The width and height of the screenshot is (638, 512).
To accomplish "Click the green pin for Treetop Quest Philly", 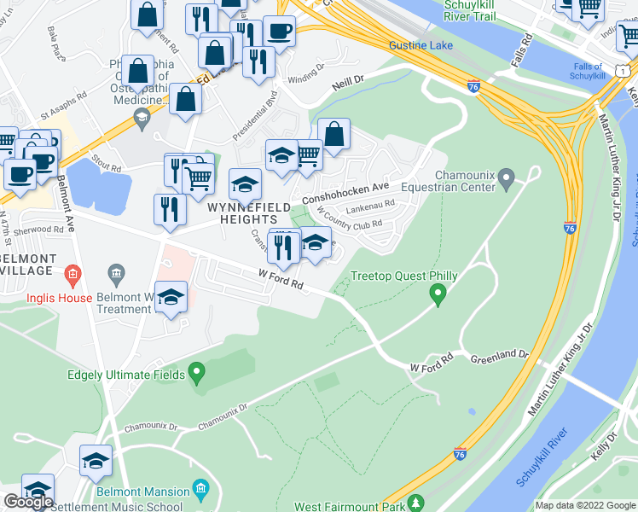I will (x=438, y=295).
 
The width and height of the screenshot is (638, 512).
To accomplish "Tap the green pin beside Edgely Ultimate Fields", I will (x=197, y=373).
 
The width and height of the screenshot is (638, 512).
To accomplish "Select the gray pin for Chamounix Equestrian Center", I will (x=507, y=181).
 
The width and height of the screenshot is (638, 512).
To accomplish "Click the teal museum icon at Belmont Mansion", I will (x=201, y=489).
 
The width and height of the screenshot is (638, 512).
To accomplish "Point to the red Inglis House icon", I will (x=72, y=274).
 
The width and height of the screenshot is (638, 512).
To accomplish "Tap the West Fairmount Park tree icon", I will (x=415, y=503).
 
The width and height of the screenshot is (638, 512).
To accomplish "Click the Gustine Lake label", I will (x=418, y=44).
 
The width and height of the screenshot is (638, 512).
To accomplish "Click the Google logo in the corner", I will (x=28, y=502).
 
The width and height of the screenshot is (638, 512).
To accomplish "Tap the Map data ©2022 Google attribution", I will (x=584, y=505).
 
